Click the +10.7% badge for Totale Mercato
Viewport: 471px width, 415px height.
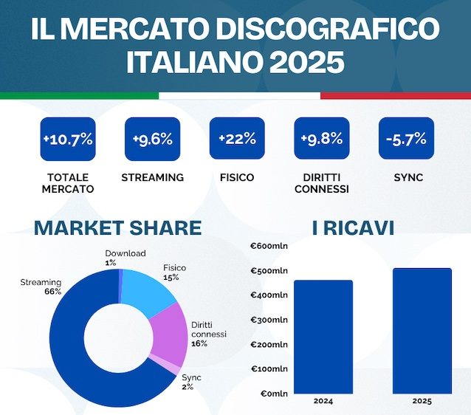coord(67,139)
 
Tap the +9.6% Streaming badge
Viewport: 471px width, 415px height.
coord(152,139)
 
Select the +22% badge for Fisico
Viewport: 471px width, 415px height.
coord(237,139)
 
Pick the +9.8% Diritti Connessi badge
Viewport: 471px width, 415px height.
coord(321,139)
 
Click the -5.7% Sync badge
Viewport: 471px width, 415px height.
coord(405,139)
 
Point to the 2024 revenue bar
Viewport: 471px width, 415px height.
coord(323,336)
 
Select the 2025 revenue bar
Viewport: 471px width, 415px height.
coord(422,330)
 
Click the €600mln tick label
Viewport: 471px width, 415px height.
coord(269,247)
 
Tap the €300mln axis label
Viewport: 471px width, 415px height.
coord(269,320)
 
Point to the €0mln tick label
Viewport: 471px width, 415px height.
coord(272,393)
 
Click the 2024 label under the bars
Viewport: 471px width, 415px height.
coord(323,401)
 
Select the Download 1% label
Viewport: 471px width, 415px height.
coord(125,258)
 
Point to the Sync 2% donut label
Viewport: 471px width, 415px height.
coord(191,382)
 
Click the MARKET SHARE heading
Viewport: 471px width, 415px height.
coord(117,227)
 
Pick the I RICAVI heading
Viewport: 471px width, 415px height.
coord(353,227)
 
